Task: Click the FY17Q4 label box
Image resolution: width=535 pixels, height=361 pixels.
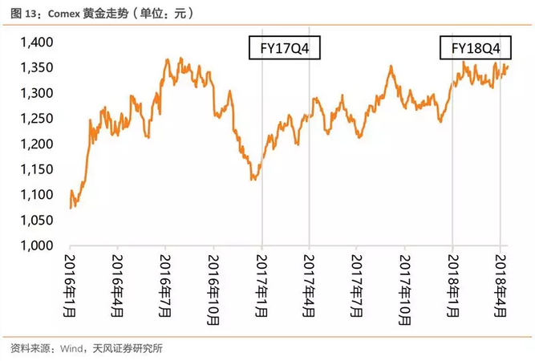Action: click(x=285, y=49)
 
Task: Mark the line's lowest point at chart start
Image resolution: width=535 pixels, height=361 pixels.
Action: click(x=72, y=208)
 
